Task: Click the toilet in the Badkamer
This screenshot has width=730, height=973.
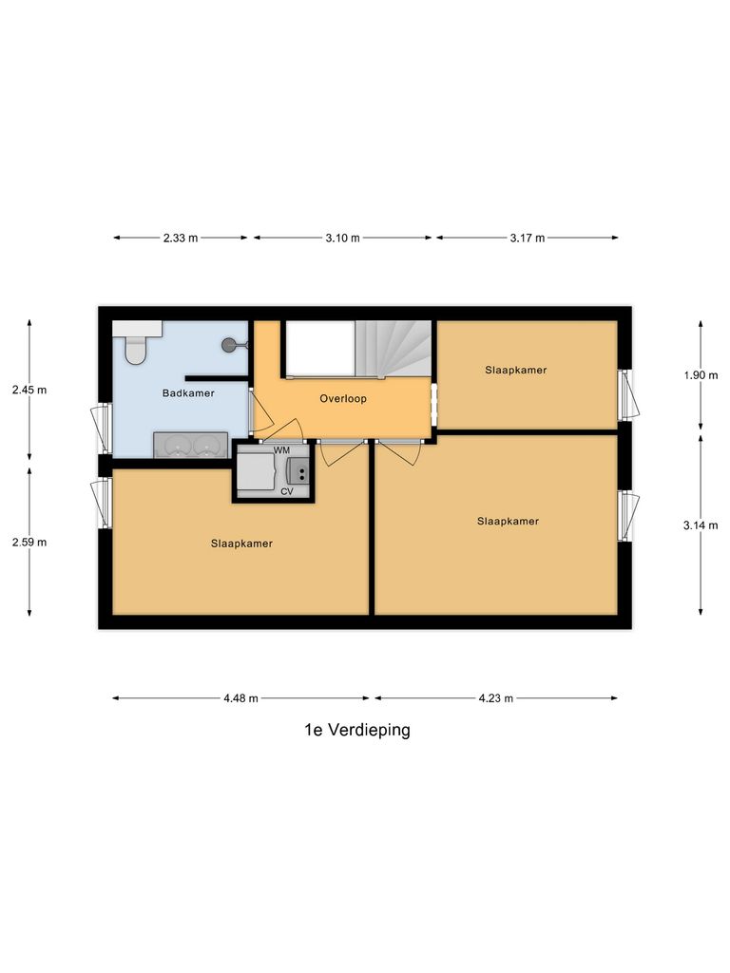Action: click(x=136, y=349)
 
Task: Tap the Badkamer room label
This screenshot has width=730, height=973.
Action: click(x=188, y=392)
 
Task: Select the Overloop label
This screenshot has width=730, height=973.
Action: click(x=343, y=399)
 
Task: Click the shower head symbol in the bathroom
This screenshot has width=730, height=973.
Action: click(x=231, y=346)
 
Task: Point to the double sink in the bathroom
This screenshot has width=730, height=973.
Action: click(x=190, y=445)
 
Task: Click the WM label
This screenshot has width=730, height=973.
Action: click(x=281, y=448)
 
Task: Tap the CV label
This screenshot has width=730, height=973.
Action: click(x=286, y=491)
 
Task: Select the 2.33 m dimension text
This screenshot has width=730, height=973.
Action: click(x=181, y=238)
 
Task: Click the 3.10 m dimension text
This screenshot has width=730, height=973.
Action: click(x=342, y=238)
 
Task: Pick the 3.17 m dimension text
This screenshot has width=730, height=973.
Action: click(x=527, y=238)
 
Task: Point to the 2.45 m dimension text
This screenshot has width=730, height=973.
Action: click(x=29, y=390)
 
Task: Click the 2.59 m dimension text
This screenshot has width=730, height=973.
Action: click(x=29, y=543)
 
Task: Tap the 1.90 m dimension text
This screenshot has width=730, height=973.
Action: click(x=701, y=375)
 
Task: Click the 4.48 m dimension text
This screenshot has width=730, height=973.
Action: click(x=242, y=698)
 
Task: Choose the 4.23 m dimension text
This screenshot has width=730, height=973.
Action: click(x=495, y=698)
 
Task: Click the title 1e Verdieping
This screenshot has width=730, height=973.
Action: click(x=356, y=731)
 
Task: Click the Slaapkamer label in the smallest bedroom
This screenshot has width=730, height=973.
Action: click(x=515, y=370)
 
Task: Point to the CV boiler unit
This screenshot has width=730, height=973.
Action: click(x=298, y=469)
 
